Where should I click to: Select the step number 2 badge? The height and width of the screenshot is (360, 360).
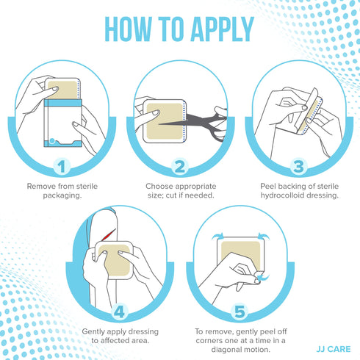coord(179,167)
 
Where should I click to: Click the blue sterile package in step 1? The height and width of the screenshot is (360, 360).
coord(62,121)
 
